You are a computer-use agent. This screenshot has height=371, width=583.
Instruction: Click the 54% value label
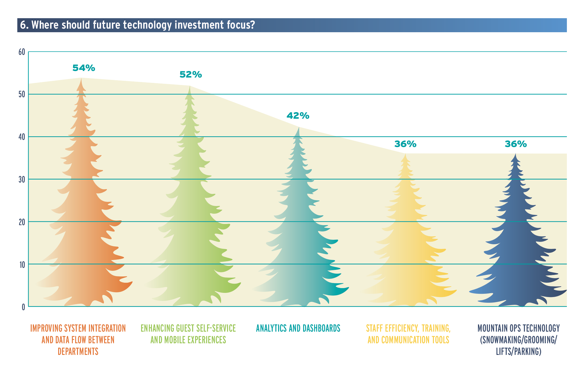pyautogui.click(x=84, y=68)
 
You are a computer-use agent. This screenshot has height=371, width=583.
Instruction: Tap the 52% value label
pyautogui.click(x=191, y=75)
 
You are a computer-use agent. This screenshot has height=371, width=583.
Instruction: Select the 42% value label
pyautogui.click(x=298, y=116)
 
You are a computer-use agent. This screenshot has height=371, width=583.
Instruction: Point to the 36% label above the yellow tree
pyautogui.click(x=405, y=144)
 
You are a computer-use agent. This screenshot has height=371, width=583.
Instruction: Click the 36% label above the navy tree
pyautogui.click(x=516, y=144)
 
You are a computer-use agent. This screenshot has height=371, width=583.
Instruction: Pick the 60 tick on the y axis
pyautogui.click(x=22, y=52)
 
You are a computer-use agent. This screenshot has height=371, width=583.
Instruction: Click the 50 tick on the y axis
pyautogui.click(x=22, y=95)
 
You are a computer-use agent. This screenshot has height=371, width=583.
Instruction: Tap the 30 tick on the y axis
pyautogui.click(x=22, y=180)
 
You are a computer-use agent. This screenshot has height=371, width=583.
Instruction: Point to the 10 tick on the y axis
pyautogui.click(x=22, y=265)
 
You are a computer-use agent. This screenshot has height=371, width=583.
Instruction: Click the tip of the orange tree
pyautogui.click(x=81, y=79)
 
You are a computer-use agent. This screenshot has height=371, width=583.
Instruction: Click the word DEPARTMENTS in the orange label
pyautogui.click(x=78, y=352)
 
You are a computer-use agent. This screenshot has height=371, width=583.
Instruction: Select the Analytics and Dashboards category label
pyautogui.click(x=298, y=328)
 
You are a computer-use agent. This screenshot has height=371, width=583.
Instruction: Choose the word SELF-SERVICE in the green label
pyautogui.click(x=219, y=328)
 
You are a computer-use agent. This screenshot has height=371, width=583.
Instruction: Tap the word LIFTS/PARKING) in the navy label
pyautogui.click(x=519, y=352)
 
